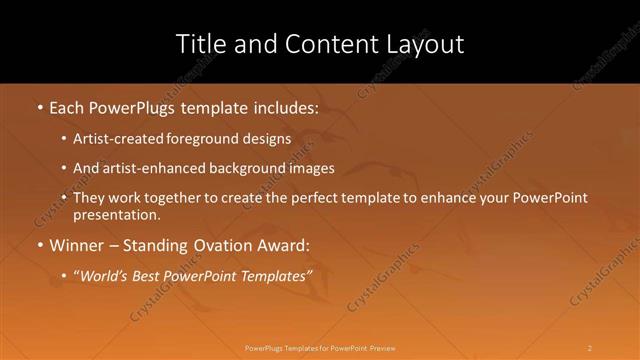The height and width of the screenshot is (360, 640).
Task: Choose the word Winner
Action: click(75, 245)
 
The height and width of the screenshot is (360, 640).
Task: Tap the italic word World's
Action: click(105, 276)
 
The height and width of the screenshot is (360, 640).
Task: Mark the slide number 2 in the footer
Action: click(590, 348)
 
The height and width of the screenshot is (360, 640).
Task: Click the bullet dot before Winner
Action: click(39, 245)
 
